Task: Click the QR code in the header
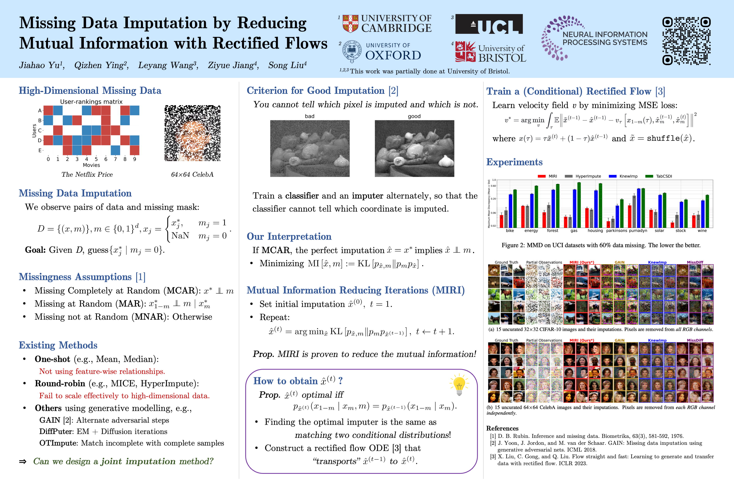[x=686, y=41]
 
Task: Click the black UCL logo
[x=489, y=24]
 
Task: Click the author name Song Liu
[x=287, y=65]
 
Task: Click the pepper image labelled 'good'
[x=414, y=148]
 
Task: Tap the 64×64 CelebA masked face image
[x=192, y=133]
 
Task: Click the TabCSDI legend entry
[x=663, y=176]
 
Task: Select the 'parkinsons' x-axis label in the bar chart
[x=616, y=231]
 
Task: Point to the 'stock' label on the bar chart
[x=681, y=231]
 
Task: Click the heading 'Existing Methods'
[x=58, y=345]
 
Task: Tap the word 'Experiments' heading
[x=514, y=162]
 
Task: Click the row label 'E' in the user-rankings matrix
[x=40, y=150]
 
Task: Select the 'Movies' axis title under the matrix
[x=91, y=165]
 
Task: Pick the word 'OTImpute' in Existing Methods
[x=58, y=443]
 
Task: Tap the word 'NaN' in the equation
[x=180, y=236]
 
